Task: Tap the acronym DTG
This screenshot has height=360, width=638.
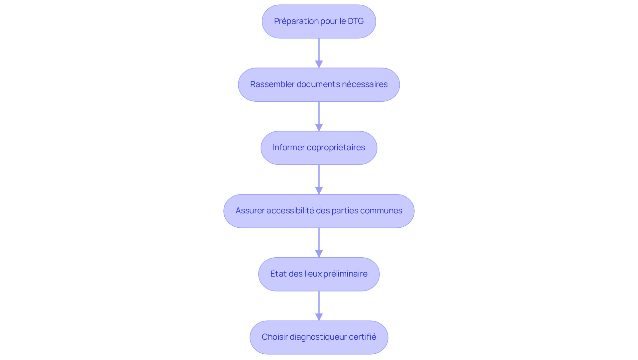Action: pos(356,21)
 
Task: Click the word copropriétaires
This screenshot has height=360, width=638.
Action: pos(336,148)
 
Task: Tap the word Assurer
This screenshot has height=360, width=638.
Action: pos(250,211)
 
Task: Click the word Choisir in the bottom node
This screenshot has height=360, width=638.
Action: pos(274,337)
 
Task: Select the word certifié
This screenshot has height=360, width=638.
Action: pos(363,337)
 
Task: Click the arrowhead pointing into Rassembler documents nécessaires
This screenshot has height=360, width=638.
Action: pos(319,64)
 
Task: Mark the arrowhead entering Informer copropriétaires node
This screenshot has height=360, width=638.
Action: pos(319,127)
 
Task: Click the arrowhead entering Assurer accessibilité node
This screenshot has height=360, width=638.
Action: pos(319,190)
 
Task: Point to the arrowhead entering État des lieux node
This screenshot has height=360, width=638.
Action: pos(319,254)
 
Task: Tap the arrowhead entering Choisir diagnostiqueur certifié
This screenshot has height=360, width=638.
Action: pos(319,317)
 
